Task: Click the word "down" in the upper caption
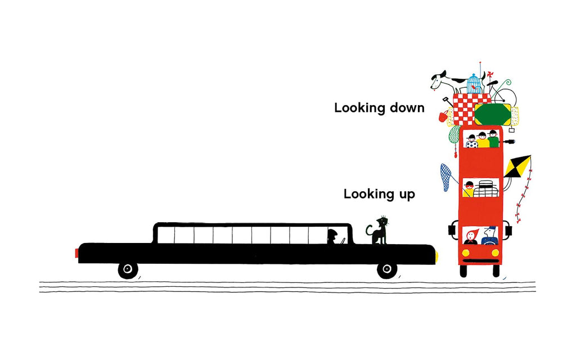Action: pos(407,107)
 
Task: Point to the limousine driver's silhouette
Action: pos(332,237)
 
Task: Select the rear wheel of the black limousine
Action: pos(128,269)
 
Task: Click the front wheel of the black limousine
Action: pos(387,269)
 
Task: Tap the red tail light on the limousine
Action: pos(76,253)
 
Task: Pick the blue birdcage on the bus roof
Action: pos(474,84)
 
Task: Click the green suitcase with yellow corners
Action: pos(493,114)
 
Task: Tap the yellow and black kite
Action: pos(517,167)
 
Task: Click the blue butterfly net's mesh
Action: pos(446,177)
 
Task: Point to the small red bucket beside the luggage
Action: pos(443,116)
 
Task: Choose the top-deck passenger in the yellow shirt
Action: pos(482,140)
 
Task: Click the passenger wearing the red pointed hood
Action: pos(471,237)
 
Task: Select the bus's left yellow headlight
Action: pos(465,253)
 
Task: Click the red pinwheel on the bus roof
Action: pos(489,76)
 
